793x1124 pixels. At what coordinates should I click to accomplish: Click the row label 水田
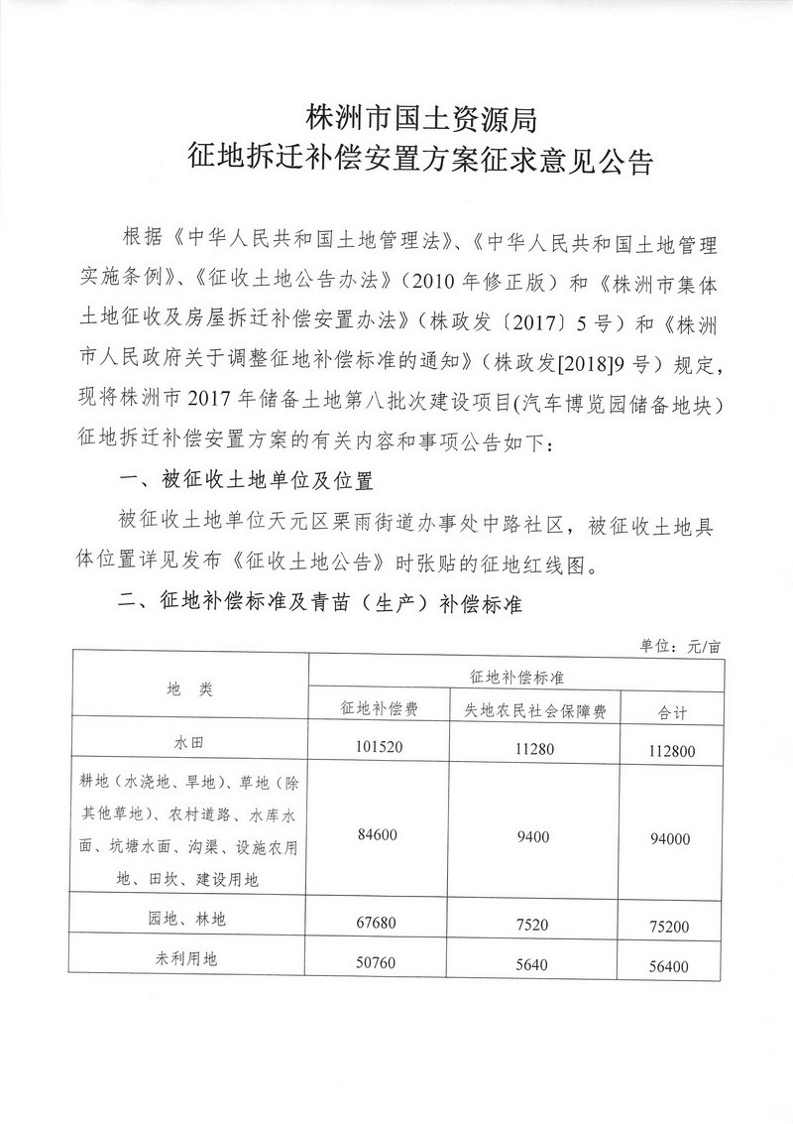point(190,741)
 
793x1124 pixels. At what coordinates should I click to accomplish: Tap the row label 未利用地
point(190,961)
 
